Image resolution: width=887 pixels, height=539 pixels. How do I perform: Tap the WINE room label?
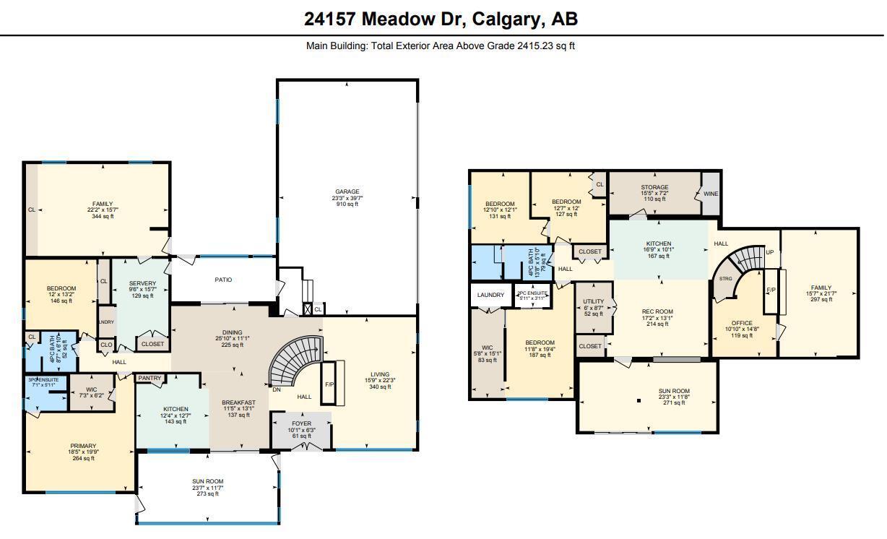pos(711,194)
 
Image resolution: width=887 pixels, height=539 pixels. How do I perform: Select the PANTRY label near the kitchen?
pos(150,378)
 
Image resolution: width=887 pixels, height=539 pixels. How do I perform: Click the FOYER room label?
pos(301,424)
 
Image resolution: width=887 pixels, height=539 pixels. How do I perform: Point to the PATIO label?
pos(223,280)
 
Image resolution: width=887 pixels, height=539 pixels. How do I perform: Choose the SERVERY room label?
pos(142,283)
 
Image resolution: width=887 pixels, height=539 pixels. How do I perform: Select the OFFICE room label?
pos(741,323)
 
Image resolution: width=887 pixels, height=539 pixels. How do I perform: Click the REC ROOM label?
pos(657,312)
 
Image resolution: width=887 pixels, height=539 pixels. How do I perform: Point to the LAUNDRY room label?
pos(490,295)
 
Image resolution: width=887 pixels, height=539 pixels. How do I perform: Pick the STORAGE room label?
pos(654,187)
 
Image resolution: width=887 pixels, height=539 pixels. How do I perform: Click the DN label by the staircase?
pos(276,389)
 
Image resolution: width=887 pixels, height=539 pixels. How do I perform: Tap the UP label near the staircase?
pos(769,253)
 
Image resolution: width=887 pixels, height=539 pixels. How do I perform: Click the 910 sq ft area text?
pos(347,204)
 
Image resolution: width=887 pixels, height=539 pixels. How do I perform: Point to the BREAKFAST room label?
pos(238,402)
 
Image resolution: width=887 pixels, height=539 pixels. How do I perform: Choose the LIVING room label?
pos(380,374)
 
